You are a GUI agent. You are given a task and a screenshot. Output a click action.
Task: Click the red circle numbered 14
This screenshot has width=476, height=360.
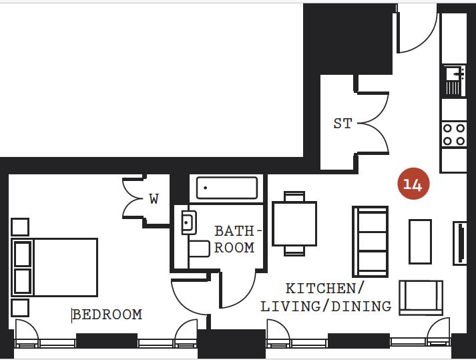point(413,184)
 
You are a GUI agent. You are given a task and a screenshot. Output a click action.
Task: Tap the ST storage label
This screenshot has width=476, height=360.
point(342,124)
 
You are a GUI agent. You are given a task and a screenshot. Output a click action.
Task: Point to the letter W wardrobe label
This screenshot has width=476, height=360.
point(154,199)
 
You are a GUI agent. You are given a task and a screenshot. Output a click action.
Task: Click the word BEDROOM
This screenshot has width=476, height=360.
point(107,314)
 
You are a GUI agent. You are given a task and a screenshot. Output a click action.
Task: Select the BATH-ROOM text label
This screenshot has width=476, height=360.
point(234,239)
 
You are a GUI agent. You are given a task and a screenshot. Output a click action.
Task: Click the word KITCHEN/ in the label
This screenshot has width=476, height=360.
point(325,289)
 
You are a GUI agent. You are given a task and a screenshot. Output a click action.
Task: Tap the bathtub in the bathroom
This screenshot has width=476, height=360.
point(227,188)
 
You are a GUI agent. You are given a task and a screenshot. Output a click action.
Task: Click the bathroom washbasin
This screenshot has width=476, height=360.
point(188,222)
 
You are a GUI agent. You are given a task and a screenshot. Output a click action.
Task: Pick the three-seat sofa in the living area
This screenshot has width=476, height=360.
point(370,241)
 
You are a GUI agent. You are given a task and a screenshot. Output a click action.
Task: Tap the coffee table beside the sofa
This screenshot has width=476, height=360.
point(420,241)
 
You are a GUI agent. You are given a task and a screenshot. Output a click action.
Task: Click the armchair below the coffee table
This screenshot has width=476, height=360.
point(421,297)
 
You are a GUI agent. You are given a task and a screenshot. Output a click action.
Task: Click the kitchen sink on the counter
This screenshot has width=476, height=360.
point(453,81)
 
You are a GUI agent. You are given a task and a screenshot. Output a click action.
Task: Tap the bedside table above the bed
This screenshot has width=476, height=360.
point(20,226)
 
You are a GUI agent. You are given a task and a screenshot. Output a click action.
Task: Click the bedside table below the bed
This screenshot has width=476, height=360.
point(20,308)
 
